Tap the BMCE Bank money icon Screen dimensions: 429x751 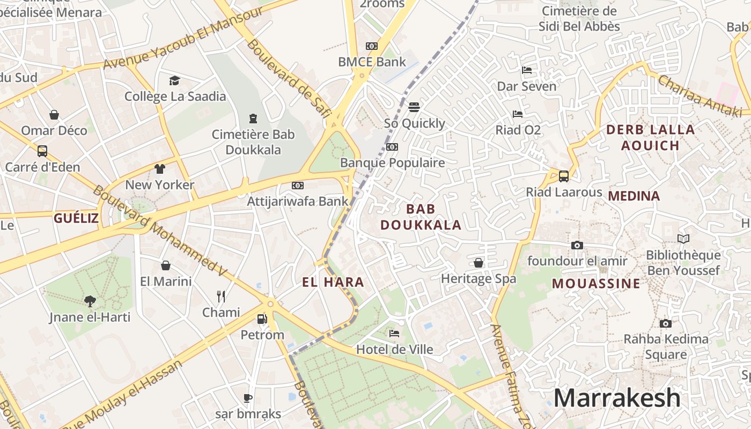tap(372, 46)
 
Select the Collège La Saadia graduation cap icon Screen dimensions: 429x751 tap(174, 81)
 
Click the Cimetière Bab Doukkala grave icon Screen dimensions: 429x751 tap(253, 118)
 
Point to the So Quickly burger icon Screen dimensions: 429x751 tap(414, 107)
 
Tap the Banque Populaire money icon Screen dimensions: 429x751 tap(392, 147)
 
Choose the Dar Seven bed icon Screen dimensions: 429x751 tap(527, 70)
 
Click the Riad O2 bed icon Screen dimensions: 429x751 tap(518, 114)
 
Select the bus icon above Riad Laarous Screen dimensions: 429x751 tap(564, 176)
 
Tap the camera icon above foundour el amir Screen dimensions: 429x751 tap(577, 246)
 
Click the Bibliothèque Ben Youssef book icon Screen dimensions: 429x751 tap(683, 239)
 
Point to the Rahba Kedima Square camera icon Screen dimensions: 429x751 tap(666, 323)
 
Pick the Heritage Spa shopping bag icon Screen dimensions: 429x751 tap(478, 263)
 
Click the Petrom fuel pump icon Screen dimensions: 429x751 tap(262, 319)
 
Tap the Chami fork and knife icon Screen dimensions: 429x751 tap(221, 296)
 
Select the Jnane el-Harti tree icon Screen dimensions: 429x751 tap(90, 301)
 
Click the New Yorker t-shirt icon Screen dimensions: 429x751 tap(160, 169)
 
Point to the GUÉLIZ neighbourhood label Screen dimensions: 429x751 tap(76, 218)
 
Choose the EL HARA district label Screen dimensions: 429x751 tap(333, 282)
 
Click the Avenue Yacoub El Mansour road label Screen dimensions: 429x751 tap(182, 39)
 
